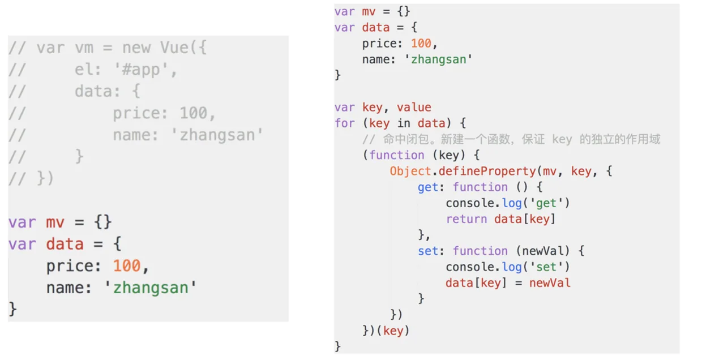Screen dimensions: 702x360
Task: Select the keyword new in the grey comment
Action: [x=136, y=48]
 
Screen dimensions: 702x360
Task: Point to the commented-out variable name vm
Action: [x=84, y=48]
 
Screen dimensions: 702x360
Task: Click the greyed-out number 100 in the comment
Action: [x=194, y=113]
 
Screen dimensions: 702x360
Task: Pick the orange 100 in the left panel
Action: [x=127, y=265]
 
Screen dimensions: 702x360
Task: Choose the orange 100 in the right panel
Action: [x=421, y=43]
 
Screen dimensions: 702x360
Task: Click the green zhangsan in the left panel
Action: [x=151, y=288]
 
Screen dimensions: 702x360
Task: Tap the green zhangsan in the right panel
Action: [x=438, y=59]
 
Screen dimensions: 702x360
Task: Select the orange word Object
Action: [x=410, y=171]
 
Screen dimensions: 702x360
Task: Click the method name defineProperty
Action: [x=487, y=172]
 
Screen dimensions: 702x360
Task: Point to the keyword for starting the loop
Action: [x=345, y=123]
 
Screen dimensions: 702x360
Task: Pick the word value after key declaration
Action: [x=414, y=107]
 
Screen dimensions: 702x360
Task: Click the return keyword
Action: [x=466, y=219]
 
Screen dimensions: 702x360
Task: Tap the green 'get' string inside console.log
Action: [x=546, y=203]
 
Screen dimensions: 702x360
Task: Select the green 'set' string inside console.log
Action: [x=546, y=267]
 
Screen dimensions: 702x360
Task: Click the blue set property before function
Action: [x=428, y=251]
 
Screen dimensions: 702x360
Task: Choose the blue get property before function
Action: [x=428, y=187]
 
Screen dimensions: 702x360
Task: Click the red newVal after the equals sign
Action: [x=550, y=283]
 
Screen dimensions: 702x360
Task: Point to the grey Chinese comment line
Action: [x=511, y=139]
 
